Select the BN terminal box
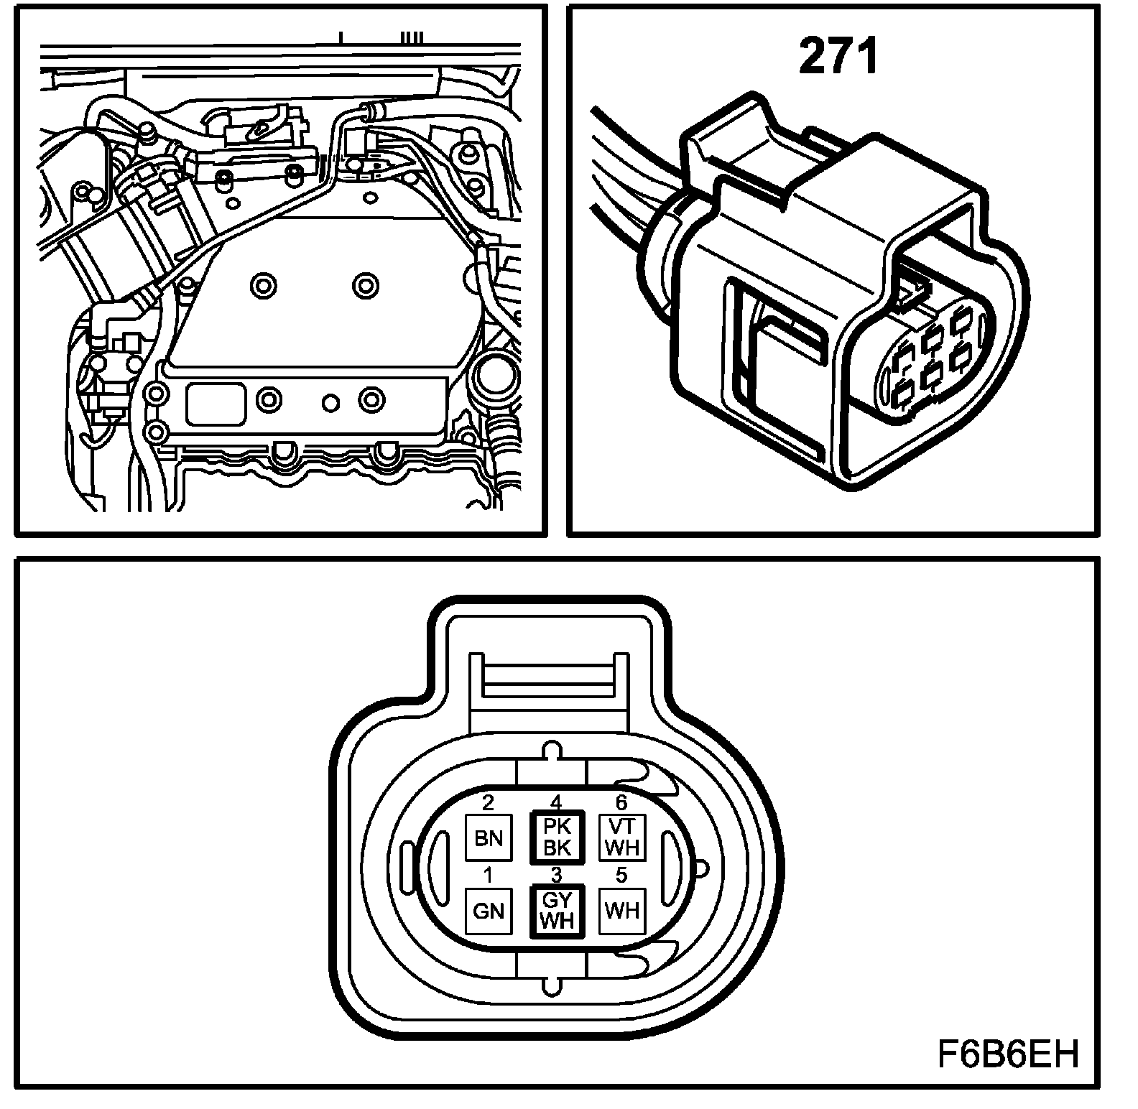(489, 838)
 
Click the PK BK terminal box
(556, 837)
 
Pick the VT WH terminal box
(622, 837)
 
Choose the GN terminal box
(489, 911)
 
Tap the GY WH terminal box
(556, 911)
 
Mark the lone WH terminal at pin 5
(622, 911)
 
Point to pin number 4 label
(555, 802)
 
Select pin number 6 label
(621, 803)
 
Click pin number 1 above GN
(489, 876)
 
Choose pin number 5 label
(621, 876)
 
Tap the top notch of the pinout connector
(551, 751)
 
